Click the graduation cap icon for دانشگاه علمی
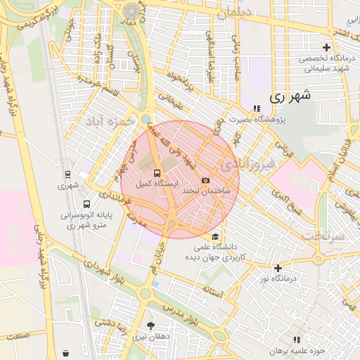[214, 236]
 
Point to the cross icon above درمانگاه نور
[278, 268]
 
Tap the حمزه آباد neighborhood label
[110, 123]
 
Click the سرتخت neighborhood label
[324, 236]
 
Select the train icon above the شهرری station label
[67, 174]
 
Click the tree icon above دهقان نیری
[150, 324]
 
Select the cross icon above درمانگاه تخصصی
[326, 47]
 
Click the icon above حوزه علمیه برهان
[296, 340]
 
